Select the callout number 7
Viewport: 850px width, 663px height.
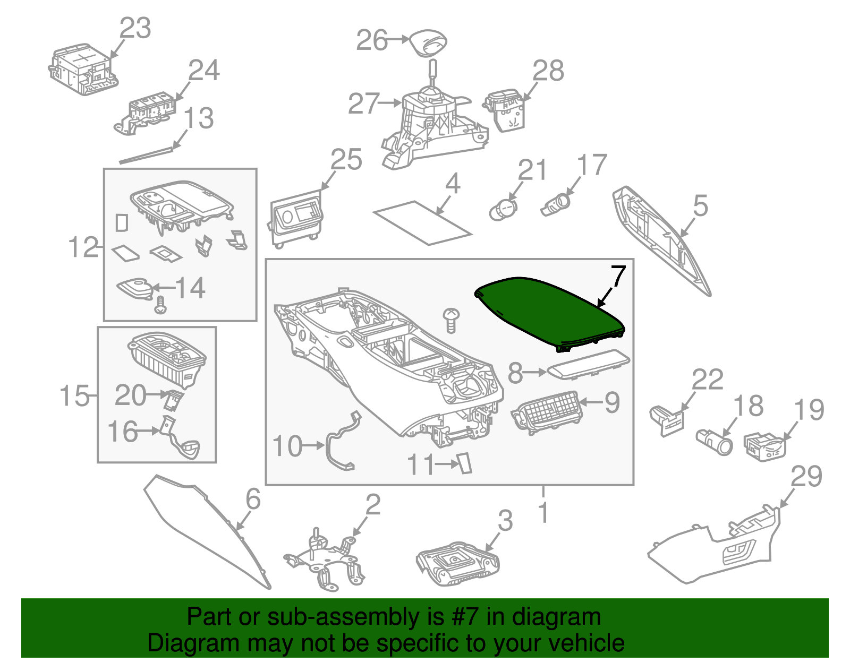pyautogui.click(x=618, y=276)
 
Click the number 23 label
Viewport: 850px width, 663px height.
pyautogui.click(x=135, y=28)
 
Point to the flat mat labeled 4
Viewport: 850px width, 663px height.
pyautogui.click(x=422, y=223)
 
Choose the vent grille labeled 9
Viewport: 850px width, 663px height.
pyautogui.click(x=546, y=411)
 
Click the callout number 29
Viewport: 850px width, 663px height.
pyautogui.click(x=806, y=476)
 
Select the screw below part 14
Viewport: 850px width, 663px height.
pyautogui.click(x=160, y=305)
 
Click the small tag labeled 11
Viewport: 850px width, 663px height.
pyautogui.click(x=465, y=462)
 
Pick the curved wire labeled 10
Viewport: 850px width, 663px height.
pyautogui.click(x=340, y=441)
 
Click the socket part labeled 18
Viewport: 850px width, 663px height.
pyautogui.click(x=715, y=441)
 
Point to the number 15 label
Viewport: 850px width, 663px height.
pyautogui.click(x=74, y=396)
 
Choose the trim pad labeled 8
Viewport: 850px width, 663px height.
pyautogui.click(x=587, y=364)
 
